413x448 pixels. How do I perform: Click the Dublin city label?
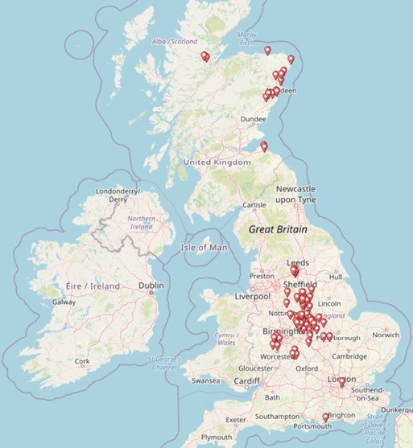[151, 286]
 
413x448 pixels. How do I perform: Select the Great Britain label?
[279, 229]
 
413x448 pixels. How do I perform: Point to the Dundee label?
[252, 119]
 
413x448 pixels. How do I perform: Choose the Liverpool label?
[252, 297]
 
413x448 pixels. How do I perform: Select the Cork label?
[82, 361]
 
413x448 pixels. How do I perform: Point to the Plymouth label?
[217, 437]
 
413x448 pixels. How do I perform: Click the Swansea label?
[204, 380]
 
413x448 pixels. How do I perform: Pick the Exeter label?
[236, 420]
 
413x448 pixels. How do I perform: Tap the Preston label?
[262, 276]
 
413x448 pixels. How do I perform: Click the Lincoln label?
[330, 303]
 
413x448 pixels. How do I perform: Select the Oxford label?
[306, 368]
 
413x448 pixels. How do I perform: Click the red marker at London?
[342, 382]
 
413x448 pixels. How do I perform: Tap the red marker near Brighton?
[325, 417]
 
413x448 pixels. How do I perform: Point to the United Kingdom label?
[217, 162]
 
